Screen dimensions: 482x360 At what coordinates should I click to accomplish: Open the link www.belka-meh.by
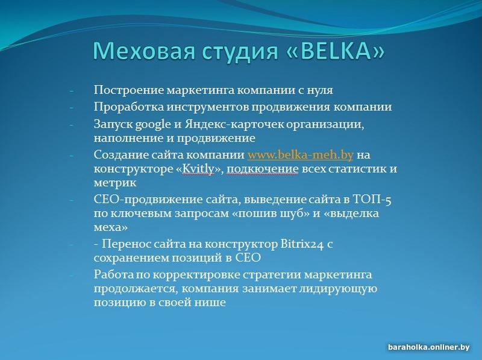coord(300,154)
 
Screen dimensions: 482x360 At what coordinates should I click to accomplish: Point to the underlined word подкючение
coord(263,169)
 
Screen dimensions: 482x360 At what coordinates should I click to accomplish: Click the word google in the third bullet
coord(153,125)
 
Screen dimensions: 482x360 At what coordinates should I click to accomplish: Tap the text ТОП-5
coord(372,200)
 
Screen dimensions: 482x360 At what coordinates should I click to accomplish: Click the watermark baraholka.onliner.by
coord(429,347)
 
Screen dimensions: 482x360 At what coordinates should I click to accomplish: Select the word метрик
coord(115,183)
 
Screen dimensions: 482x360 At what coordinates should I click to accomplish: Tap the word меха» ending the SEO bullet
coord(111,228)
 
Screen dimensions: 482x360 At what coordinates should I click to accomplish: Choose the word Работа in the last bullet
coord(114,274)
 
